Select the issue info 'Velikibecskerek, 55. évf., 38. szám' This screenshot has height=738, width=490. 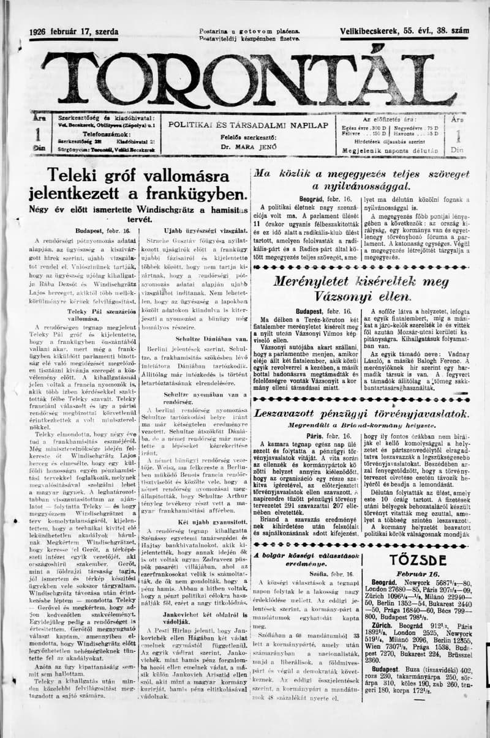point(404,31)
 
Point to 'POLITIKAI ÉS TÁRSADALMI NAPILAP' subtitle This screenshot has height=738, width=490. point(248,125)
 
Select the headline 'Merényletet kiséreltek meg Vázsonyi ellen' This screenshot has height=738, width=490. point(361,289)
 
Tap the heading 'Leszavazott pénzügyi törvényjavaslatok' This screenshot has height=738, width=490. point(361,414)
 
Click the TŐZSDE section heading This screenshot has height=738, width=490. point(417,559)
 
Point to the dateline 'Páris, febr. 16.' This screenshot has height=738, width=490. point(325,436)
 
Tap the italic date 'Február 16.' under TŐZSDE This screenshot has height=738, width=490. point(417,573)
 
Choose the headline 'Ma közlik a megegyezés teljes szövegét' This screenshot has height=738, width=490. point(361,180)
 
